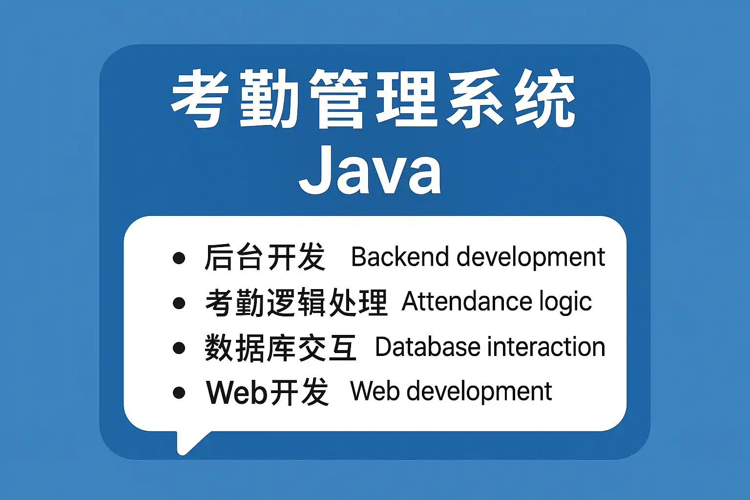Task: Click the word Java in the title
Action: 370,170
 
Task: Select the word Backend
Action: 400,257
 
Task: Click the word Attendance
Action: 467,301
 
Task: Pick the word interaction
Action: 546,347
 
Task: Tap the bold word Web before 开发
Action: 236,392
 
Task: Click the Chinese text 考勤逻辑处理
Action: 296,302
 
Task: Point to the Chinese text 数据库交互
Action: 281,347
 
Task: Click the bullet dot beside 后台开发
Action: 179,258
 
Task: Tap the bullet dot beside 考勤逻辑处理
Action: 179,303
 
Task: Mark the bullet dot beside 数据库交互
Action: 179,348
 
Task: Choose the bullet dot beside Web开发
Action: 179,393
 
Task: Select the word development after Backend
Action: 531,258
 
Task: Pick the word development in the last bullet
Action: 479,392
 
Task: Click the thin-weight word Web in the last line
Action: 375,391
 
